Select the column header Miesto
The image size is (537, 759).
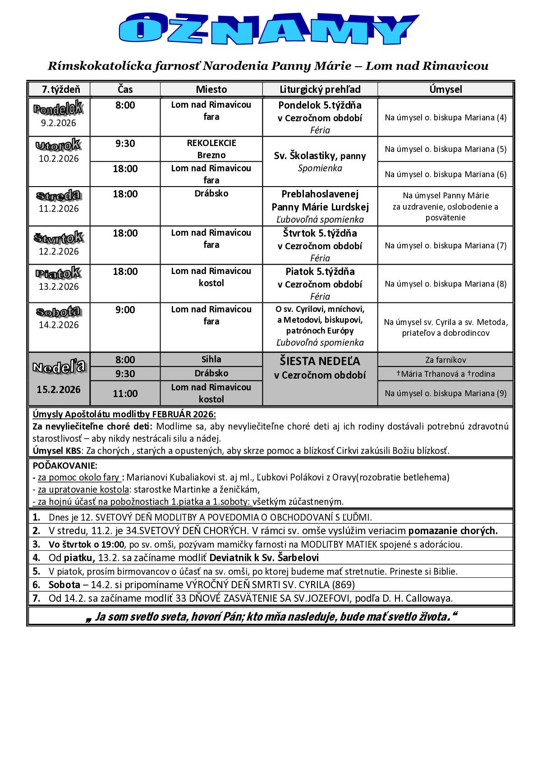point(211,89)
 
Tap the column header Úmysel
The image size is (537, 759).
point(445,89)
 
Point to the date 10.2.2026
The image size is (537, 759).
point(59,159)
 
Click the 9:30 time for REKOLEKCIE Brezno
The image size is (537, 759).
point(125,144)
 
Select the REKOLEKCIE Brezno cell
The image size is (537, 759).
point(211,149)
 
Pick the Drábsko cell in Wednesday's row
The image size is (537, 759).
point(211,194)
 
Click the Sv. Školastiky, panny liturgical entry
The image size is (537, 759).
point(320,156)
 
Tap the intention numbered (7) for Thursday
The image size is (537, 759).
point(445,246)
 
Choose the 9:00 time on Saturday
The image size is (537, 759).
point(125,310)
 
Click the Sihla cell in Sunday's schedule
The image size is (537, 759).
point(211,359)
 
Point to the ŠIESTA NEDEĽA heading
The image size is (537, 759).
point(320,361)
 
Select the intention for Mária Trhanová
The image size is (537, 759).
point(445,374)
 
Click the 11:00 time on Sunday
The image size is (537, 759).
point(125,393)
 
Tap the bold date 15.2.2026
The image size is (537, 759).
point(59,389)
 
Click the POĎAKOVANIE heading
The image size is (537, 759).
point(65,466)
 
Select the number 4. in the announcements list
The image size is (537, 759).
point(37,558)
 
